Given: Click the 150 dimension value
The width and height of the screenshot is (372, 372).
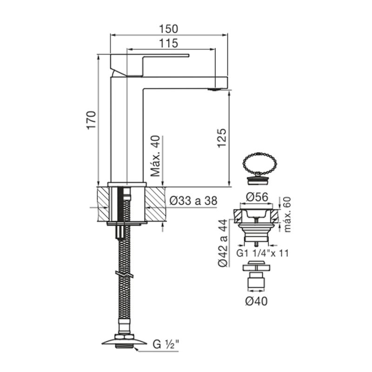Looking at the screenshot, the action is [x=168, y=29].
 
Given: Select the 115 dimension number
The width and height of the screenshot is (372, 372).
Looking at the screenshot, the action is [x=168, y=43].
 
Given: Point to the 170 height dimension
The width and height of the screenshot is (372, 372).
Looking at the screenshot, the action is [x=92, y=120].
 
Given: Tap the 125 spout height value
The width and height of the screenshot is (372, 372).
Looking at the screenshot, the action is [x=222, y=138].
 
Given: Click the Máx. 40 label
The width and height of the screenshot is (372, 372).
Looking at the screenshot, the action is [x=156, y=156].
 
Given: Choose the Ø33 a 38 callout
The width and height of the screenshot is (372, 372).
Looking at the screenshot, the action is [x=193, y=201].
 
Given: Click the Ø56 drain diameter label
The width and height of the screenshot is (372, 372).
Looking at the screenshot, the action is [x=257, y=197].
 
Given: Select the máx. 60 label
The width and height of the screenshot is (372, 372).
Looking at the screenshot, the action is [x=287, y=214].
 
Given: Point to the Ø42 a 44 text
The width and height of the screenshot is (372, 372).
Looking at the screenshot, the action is [x=223, y=243].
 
